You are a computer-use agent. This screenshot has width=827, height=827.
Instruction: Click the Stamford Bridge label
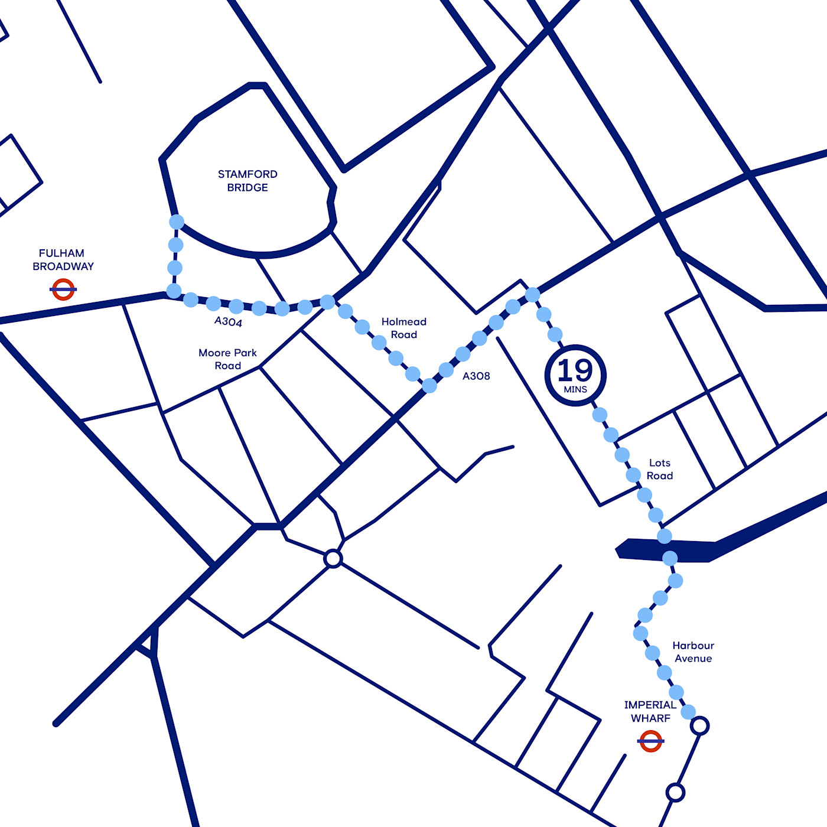click(248, 181)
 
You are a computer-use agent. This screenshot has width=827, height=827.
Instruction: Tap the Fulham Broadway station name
click(63, 259)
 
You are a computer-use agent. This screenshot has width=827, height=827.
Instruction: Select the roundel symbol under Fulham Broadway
click(63, 289)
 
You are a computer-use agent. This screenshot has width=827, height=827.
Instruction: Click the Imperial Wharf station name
click(650, 711)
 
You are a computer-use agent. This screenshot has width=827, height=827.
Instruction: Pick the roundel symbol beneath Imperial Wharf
click(651, 741)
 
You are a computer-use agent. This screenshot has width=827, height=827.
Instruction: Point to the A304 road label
click(228, 321)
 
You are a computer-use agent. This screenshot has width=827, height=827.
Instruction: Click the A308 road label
click(476, 376)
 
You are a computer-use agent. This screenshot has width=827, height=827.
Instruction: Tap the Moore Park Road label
click(227, 359)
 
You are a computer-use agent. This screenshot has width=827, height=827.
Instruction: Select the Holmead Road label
click(404, 328)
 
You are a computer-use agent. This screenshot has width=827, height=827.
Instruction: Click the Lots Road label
click(659, 469)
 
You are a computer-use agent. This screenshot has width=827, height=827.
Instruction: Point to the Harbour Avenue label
click(693, 652)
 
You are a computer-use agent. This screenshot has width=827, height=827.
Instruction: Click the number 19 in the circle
click(575, 370)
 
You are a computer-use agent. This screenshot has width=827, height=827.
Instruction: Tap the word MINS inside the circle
click(575, 390)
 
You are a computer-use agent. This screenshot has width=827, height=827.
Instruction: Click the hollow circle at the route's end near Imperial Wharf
click(700, 725)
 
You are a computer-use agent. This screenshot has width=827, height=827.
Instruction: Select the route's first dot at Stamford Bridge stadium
click(177, 222)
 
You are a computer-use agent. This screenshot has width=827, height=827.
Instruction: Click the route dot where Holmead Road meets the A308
click(429, 386)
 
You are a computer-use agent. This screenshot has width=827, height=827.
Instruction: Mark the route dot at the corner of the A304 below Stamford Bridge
click(174, 291)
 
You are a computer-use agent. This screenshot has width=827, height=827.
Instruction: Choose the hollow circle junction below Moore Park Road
click(333, 558)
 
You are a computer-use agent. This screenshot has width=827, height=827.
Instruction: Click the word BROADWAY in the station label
click(63, 266)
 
